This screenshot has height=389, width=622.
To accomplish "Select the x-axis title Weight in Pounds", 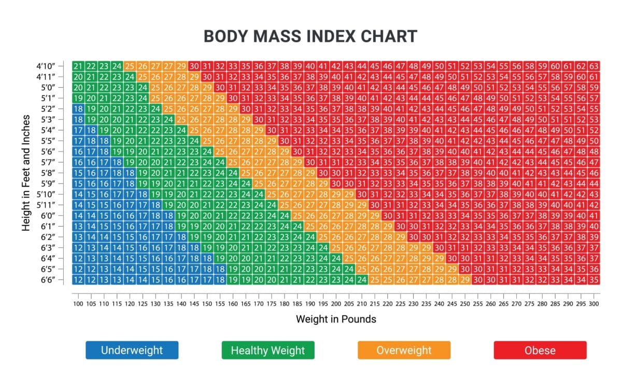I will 336,319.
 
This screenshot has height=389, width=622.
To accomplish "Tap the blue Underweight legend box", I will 132,350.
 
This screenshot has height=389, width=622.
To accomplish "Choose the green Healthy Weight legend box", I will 267,350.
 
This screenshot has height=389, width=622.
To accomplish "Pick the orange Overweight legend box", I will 404,350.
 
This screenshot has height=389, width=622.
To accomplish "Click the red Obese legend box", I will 540,350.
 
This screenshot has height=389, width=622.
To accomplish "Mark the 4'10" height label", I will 47,66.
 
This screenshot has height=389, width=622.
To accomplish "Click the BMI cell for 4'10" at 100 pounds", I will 78,66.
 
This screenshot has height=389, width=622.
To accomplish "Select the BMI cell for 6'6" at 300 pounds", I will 593,280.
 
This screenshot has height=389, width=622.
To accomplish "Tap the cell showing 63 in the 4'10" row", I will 593,66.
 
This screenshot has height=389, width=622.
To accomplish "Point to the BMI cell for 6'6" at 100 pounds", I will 78,280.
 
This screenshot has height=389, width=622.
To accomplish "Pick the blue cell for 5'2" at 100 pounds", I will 78,108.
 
